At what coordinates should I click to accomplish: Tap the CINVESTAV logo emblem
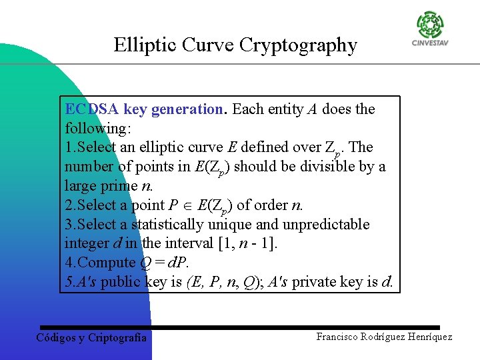[x=430, y=25]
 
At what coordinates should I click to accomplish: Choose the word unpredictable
[x=331, y=225]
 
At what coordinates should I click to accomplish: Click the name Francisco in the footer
[x=340, y=337]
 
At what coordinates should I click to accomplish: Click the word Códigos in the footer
[x=57, y=338]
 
